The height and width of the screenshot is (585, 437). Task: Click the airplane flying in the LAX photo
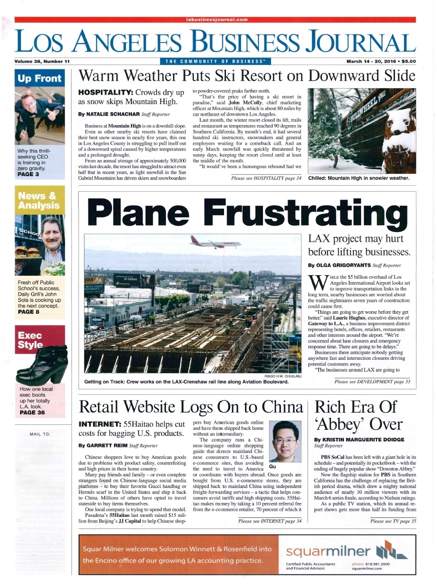click(215, 244)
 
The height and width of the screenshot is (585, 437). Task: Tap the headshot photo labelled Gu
click(284, 440)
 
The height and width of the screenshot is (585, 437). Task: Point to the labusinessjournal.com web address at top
click(216, 20)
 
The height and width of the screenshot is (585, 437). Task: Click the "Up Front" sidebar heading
click(39, 79)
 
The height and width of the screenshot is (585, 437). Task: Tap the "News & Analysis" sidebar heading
click(39, 201)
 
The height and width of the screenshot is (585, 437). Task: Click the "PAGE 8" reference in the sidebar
click(28, 311)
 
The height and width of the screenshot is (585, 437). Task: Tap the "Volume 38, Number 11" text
click(42, 62)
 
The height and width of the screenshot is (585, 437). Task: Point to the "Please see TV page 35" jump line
click(393, 521)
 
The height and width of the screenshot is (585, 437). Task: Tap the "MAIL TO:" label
click(39, 434)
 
